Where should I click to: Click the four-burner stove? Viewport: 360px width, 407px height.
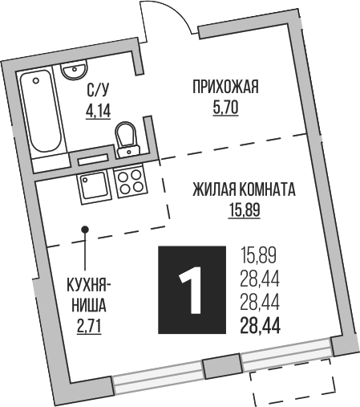[131, 184]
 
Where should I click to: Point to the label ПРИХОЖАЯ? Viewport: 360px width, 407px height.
[225, 88]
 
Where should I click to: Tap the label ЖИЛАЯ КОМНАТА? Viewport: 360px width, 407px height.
[244, 191]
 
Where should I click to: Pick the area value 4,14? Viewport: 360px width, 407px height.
[98, 111]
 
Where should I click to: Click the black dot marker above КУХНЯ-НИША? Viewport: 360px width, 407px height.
[85, 231]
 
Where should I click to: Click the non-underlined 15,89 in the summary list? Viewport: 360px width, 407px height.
[258, 257]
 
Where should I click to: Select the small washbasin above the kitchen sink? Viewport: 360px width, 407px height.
[91, 159]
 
